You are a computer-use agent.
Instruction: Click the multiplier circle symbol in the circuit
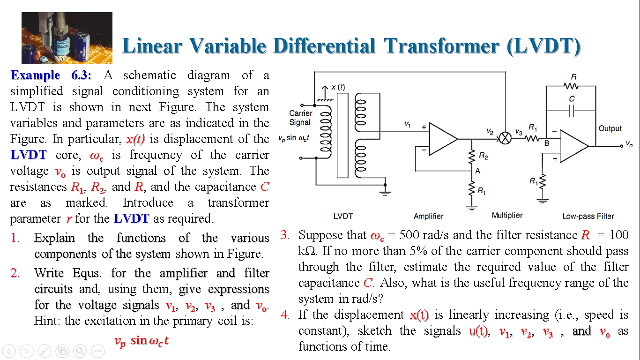(505, 139)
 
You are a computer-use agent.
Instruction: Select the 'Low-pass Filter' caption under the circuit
(588, 216)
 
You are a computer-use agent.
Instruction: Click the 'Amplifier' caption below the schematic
(428, 216)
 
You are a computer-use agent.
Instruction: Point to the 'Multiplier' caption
(507, 215)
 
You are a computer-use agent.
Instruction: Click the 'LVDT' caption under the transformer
(343, 216)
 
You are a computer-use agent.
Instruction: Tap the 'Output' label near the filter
(610, 128)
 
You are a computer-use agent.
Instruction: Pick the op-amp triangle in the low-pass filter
(573, 146)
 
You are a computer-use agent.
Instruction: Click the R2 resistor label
(483, 157)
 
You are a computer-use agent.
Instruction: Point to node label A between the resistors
(478, 171)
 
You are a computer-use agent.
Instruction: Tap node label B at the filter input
(546, 143)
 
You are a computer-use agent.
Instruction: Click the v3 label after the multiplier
(518, 132)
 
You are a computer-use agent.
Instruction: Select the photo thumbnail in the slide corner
(67, 38)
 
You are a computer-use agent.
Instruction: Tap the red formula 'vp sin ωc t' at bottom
(141, 341)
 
